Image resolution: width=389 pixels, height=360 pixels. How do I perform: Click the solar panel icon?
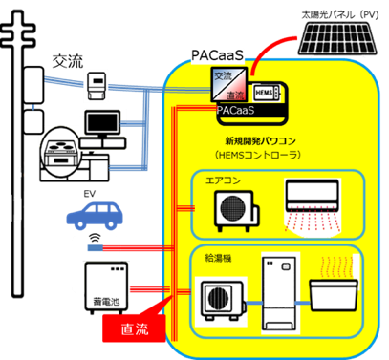[337, 38]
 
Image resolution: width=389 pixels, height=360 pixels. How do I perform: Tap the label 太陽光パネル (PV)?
[340, 14]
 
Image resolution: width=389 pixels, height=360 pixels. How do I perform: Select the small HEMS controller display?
[267, 93]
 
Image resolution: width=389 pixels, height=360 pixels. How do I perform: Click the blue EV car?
[95, 216]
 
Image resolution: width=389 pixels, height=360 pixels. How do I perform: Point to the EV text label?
[90, 194]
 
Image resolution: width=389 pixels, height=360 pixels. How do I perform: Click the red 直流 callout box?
[134, 328]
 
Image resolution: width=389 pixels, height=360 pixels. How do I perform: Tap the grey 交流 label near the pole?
[68, 61]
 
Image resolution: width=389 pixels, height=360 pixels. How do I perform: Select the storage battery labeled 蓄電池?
[106, 287]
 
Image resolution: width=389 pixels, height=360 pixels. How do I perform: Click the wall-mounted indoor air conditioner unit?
[313, 195]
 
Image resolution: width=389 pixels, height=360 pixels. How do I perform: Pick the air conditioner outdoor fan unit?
[236, 211]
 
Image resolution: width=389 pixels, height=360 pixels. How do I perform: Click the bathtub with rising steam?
[334, 294]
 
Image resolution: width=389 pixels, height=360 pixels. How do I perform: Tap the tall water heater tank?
[280, 292]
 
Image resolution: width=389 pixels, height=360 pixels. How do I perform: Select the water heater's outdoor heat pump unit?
[223, 301]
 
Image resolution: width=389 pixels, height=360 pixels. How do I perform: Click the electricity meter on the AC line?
[97, 86]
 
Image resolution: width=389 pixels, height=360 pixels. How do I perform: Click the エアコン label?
[223, 180]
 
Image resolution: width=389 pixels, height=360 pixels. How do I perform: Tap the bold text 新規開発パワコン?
[261, 140]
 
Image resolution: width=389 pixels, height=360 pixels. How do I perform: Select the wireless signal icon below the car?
[95, 237]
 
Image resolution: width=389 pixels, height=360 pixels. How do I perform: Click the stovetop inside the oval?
[61, 149]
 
